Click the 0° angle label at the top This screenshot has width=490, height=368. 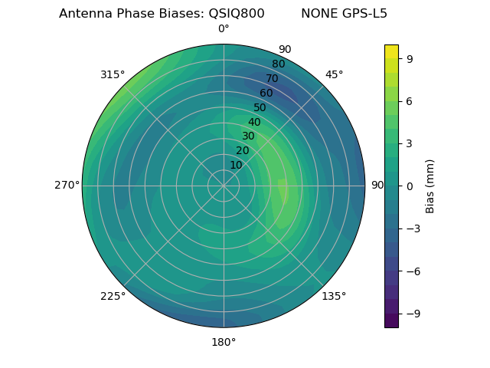click(x=224, y=29)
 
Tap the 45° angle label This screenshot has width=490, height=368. click(x=334, y=74)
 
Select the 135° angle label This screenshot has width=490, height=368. click(x=334, y=296)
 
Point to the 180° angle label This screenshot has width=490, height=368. click(x=224, y=342)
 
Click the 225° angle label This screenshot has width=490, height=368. click(x=113, y=297)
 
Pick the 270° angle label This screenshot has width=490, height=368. click(x=67, y=186)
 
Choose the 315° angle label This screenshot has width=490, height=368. click(x=112, y=74)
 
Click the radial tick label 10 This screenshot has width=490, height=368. click(x=236, y=165)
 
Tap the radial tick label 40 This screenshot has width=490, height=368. click(x=254, y=123)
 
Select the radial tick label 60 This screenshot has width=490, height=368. click(x=266, y=94)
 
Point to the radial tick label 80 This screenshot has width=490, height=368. click(x=278, y=64)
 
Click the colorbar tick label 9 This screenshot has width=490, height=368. click(x=410, y=58)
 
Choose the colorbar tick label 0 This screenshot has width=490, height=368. click(x=410, y=186)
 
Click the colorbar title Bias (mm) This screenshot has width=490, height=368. click(x=430, y=186)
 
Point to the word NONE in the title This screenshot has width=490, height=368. click(x=318, y=13)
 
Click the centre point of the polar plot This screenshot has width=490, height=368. click(x=224, y=186)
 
